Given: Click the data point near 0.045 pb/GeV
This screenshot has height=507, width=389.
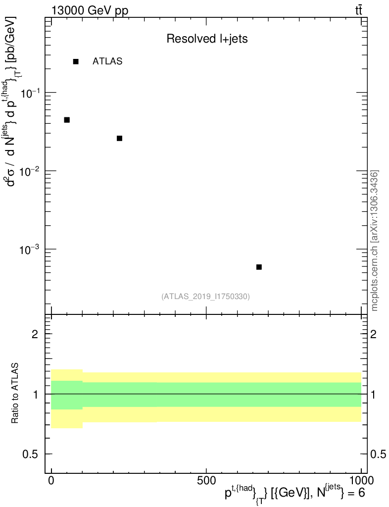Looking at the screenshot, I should pyautogui.click(x=67, y=120).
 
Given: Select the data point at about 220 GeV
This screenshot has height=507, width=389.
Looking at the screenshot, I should pyautogui.click(x=119, y=138).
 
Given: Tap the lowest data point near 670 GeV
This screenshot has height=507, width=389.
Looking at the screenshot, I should pyautogui.click(x=259, y=267).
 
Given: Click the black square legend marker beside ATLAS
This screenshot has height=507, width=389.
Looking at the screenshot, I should pyautogui.click(x=76, y=61).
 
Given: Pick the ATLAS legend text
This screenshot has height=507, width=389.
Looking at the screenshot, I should pyautogui.click(x=107, y=61).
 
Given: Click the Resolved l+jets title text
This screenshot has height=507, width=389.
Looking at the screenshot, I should pyautogui.click(x=207, y=39).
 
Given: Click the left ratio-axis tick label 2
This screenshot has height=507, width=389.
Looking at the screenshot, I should pyautogui.click(x=35, y=334).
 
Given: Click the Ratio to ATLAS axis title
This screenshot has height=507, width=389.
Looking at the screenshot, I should pyautogui.click(x=16, y=394).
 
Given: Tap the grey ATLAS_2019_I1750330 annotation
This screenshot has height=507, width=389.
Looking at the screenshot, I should pyautogui.click(x=205, y=297).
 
